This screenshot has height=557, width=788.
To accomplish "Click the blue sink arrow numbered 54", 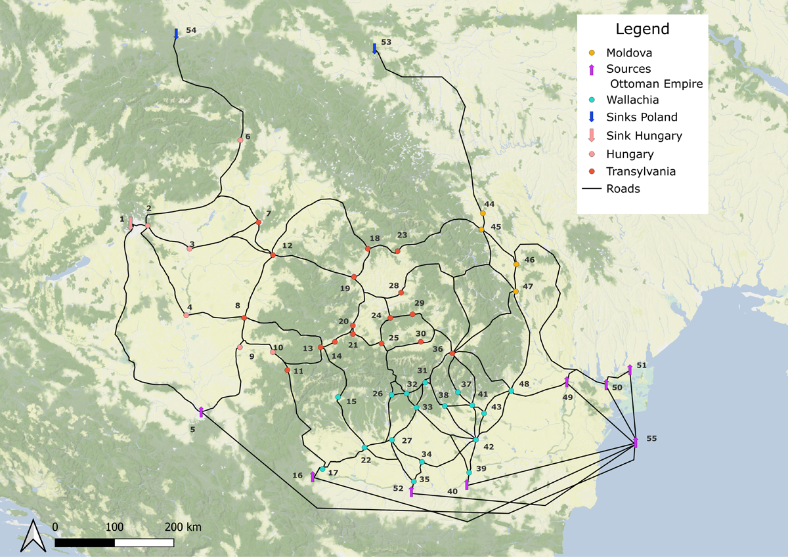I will coord(176,33).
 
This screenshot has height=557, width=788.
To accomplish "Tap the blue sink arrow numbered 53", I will coord(374,49).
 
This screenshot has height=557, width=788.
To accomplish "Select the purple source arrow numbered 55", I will coord(636,442).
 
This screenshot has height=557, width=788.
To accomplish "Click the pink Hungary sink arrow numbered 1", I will coord(131,223).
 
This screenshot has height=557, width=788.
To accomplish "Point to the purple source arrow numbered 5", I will coord(201,411).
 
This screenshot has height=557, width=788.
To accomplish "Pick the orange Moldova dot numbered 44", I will coord(483,213).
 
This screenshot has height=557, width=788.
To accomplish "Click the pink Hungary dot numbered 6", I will coord(240,140).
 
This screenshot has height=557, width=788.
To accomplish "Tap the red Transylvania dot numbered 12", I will coord(273,255).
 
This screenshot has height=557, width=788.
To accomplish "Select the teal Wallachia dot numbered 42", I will coord(476,439).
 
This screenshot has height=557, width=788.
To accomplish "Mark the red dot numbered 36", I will coord(452,354).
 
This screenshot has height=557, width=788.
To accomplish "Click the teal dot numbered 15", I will coord(338,397).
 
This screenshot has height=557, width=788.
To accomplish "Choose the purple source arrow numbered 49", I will coord(567,382).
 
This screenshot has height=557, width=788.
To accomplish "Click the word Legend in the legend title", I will coord(642,30).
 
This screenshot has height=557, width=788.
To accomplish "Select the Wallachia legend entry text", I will coord(633,100).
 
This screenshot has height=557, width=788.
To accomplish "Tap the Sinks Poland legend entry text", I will coord(642,117).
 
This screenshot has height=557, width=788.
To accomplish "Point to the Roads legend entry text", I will coord(623,189).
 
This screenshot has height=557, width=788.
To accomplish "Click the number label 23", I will coord(402,235).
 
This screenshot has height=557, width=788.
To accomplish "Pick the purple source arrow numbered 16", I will coord(313,476).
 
